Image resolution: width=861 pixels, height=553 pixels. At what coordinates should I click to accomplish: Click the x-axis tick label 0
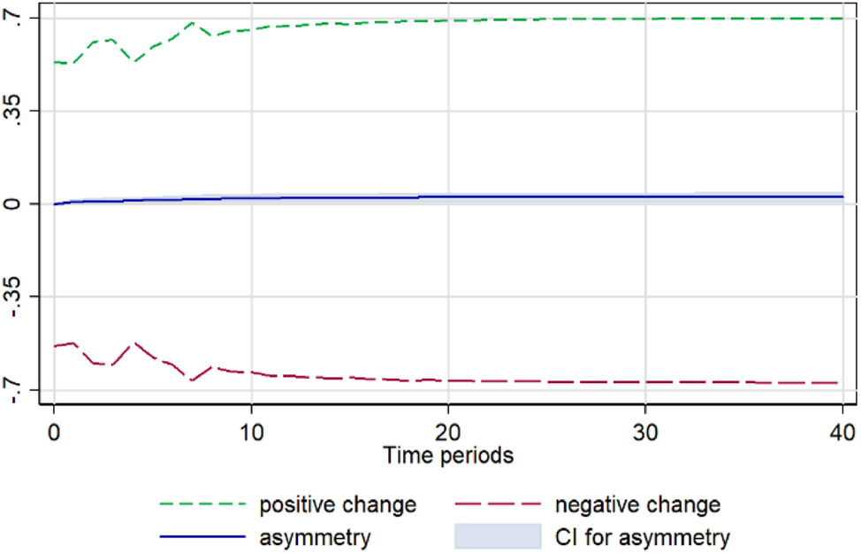click(54, 433)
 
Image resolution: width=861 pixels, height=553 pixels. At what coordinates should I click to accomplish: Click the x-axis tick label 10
click(252, 433)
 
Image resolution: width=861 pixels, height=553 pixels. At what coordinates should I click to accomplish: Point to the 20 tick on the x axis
click(448, 433)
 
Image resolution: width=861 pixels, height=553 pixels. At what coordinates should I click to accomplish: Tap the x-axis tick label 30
click(645, 433)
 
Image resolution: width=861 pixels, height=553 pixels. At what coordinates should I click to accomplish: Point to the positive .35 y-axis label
click(19, 111)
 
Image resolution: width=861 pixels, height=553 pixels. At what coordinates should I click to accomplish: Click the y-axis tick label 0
click(19, 204)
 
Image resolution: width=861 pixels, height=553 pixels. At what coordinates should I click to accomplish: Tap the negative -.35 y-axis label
click(19, 296)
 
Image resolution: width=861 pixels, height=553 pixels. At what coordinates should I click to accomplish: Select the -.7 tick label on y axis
click(19, 390)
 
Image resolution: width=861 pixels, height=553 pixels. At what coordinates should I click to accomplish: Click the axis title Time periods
click(448, 457)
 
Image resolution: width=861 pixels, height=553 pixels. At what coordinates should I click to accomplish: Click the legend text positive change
click(337, 505)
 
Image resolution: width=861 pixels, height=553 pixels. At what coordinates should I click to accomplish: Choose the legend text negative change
click(637, 505)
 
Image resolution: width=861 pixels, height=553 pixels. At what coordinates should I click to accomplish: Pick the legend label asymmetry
click(314, 536)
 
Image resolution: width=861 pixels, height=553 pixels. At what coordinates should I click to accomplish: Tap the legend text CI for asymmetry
click(642, 536)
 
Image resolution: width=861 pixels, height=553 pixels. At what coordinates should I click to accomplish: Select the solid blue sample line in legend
click(202, 536)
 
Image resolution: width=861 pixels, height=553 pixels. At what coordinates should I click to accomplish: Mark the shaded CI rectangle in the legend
click(497, 536)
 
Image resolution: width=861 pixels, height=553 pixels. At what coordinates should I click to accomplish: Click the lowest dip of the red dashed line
click(192, 380)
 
